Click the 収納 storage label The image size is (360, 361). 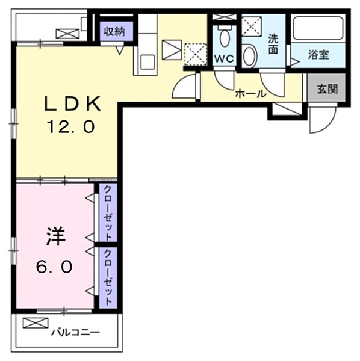click(113, 31)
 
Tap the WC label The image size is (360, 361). click(224, 58)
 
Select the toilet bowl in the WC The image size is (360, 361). click(225, 37)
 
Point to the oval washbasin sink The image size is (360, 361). click(250, 55)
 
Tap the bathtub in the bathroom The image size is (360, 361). click(318, 27)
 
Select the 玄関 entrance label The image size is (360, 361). click(327, 89)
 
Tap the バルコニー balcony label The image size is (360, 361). click(75, 332)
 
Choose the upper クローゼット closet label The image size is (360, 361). click(108, 211)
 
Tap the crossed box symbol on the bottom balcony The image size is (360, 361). click(35, 322)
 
